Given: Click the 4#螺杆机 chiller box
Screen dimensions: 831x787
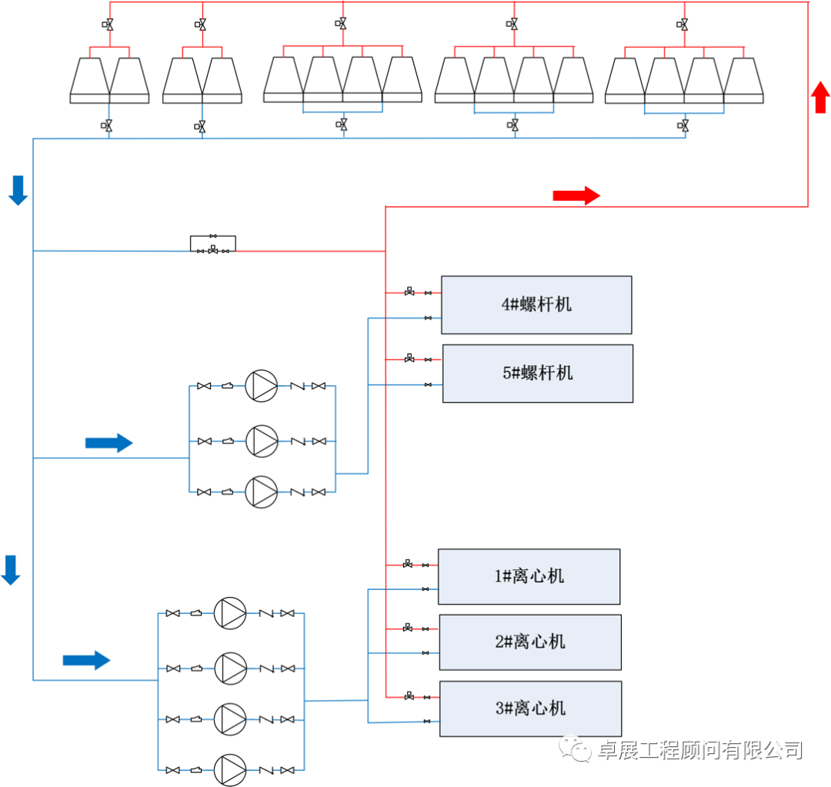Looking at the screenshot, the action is tap(536, 305).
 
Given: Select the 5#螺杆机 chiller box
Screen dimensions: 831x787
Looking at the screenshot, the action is tap(538, 374).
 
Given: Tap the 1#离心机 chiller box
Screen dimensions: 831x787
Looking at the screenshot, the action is tap(529, 577).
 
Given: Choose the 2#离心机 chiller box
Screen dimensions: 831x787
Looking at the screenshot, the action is tap(530, 642).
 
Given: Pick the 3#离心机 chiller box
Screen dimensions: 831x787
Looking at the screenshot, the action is tap(530, 709).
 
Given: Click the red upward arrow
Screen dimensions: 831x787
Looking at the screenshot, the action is tap(820, 97).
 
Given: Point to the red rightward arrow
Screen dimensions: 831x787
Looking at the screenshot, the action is tap(576, 195).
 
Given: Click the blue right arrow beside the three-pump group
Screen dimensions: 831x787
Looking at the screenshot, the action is tap(108, 442).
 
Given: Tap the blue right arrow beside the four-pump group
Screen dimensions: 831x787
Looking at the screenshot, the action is tap(86, 660).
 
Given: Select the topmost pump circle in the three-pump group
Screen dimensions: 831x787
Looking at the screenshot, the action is tap(262, 386).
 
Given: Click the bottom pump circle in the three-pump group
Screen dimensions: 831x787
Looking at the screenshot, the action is tap(262, 492).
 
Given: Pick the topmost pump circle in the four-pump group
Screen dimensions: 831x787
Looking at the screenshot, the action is tap(230, 613).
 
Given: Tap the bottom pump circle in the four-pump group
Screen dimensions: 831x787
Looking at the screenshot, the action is tap(230, 770).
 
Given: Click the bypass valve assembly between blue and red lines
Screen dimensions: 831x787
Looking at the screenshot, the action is tap(213, 245).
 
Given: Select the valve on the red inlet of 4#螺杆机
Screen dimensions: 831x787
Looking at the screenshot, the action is tap(409, 292).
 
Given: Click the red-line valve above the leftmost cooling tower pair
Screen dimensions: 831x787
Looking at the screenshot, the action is tap(108, 25).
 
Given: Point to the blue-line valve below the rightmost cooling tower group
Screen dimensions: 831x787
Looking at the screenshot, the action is tap(683, 125).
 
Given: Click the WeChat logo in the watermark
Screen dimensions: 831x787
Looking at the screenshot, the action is tap(575, 749).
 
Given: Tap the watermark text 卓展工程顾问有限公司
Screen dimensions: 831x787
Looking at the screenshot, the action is tap(701, 750).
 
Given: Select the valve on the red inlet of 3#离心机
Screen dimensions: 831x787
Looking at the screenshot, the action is tap(409, 696).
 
